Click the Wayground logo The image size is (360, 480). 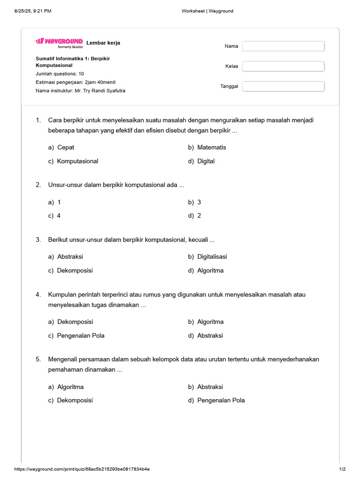[59, 43]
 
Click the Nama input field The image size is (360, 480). [283, 46]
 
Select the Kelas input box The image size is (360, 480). [283, 66]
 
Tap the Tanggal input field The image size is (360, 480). [283, 86]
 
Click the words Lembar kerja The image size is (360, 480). [103, 43]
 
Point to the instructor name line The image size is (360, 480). [81, 90]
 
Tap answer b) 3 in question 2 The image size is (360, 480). [195, 202]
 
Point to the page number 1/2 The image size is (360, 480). [342, 469]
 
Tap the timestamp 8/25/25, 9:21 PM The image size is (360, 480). [33, 11]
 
